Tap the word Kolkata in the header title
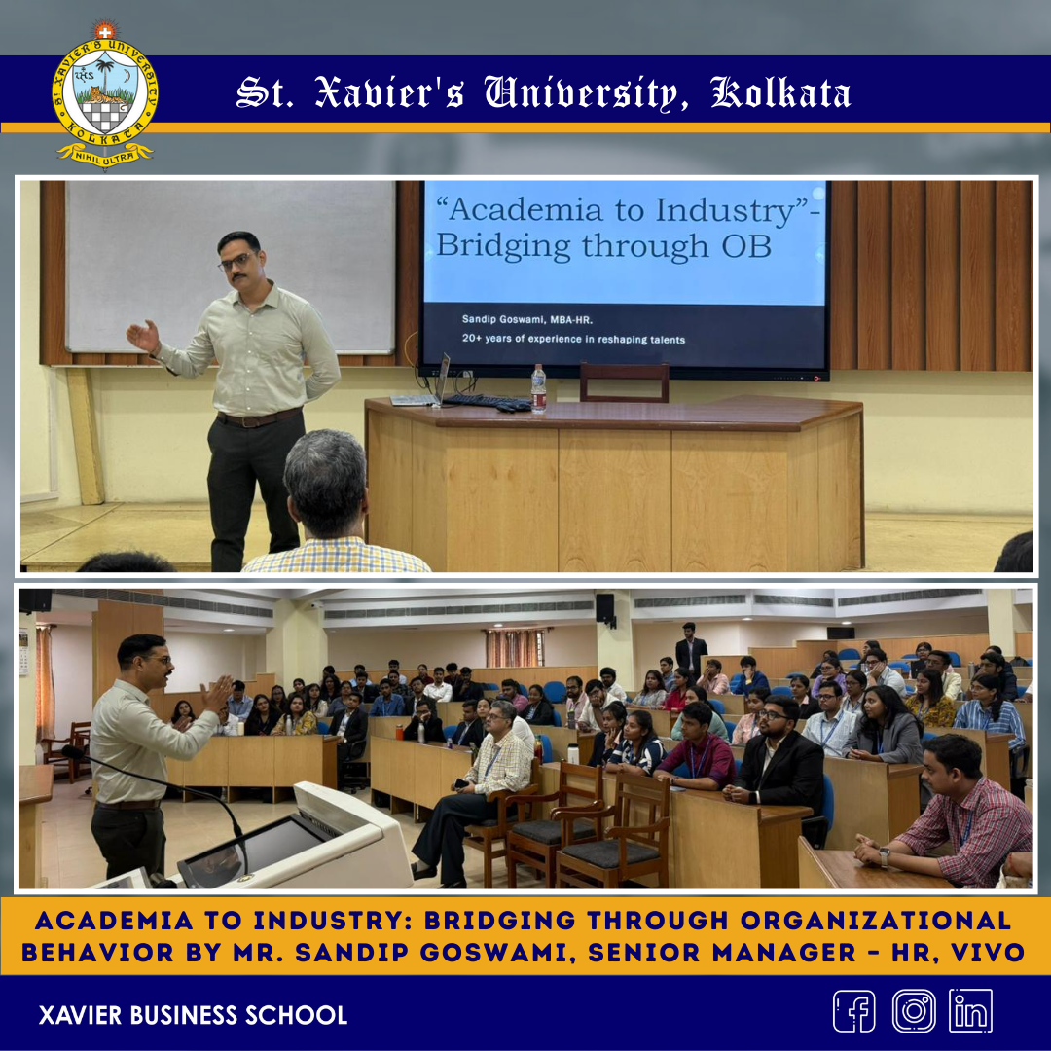780,92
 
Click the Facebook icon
854,1011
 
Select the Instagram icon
913,1011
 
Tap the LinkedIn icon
970,1011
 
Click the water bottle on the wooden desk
538,388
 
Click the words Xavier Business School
193,1015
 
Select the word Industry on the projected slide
725,210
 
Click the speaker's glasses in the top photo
234,262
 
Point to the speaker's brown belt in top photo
259,417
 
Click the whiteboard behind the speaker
232,266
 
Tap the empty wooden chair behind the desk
624,382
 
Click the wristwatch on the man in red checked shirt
884,856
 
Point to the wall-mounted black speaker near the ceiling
605,608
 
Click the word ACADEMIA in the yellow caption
114,921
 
